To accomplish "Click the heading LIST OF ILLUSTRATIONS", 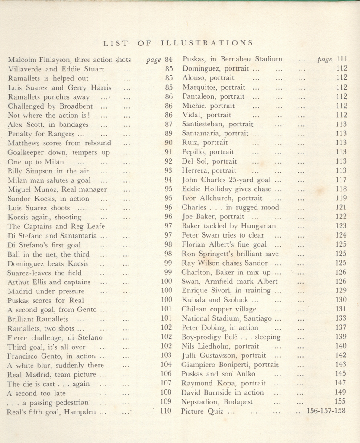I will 178,43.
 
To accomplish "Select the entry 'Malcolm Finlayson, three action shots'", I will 69,60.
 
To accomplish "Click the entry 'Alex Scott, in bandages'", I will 48,125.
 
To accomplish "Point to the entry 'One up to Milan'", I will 35,162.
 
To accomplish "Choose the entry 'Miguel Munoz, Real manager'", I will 57,189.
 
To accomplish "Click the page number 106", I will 166,374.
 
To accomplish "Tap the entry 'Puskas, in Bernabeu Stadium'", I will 232,59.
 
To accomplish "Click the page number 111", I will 342,59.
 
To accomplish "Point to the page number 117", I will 341,180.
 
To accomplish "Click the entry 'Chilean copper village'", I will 219,309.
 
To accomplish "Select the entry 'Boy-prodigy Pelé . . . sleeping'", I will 231,337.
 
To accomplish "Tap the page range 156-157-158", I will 326,411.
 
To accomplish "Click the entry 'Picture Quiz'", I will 202,411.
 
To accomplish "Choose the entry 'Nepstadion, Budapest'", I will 217,402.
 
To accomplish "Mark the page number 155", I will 341,401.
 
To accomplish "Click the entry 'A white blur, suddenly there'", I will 55,365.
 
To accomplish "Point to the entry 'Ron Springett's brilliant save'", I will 230,254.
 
